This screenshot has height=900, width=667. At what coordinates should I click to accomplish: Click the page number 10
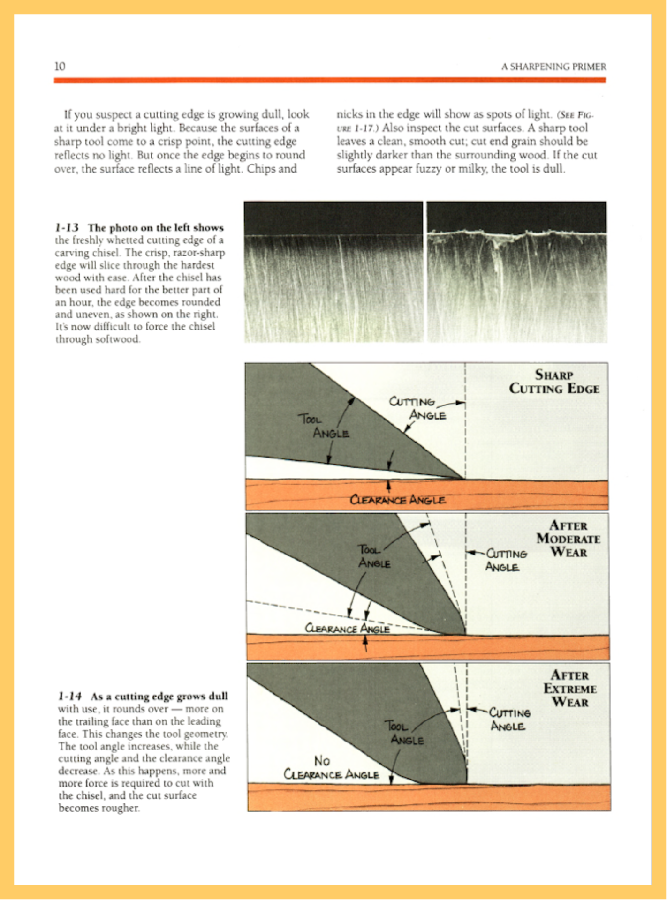[60, 66]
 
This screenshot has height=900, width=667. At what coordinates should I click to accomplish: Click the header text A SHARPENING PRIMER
[553, 67]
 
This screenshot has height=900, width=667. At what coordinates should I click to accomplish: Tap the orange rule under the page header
[330, 81]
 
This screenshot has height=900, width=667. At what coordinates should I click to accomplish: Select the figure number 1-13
[66, 228]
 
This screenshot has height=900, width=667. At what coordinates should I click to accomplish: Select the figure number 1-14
[70, 697]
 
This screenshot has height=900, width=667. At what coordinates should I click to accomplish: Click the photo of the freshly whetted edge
[333, 272]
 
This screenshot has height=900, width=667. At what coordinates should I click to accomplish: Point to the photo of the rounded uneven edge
[516, 272]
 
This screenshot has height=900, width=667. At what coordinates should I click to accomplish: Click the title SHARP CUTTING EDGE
[554, 382]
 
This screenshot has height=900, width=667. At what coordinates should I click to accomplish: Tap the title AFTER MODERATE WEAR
[568, 539]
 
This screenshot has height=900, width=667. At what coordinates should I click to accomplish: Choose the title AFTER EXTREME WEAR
[569, 689]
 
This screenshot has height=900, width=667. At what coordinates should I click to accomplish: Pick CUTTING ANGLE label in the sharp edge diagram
[417, 408]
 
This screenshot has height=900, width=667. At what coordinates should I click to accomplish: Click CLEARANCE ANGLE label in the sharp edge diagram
[398, 500]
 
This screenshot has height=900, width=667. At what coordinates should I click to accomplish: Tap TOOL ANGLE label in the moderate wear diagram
[373, 556]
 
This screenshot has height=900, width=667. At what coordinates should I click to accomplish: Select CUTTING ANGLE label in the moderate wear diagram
[506, 560]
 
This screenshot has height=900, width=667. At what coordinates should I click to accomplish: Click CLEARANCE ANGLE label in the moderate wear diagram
[347, 628]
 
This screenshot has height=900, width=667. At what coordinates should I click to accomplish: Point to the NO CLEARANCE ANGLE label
[331, 767]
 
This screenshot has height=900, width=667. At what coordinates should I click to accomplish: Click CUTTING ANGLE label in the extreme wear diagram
[509, 719]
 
